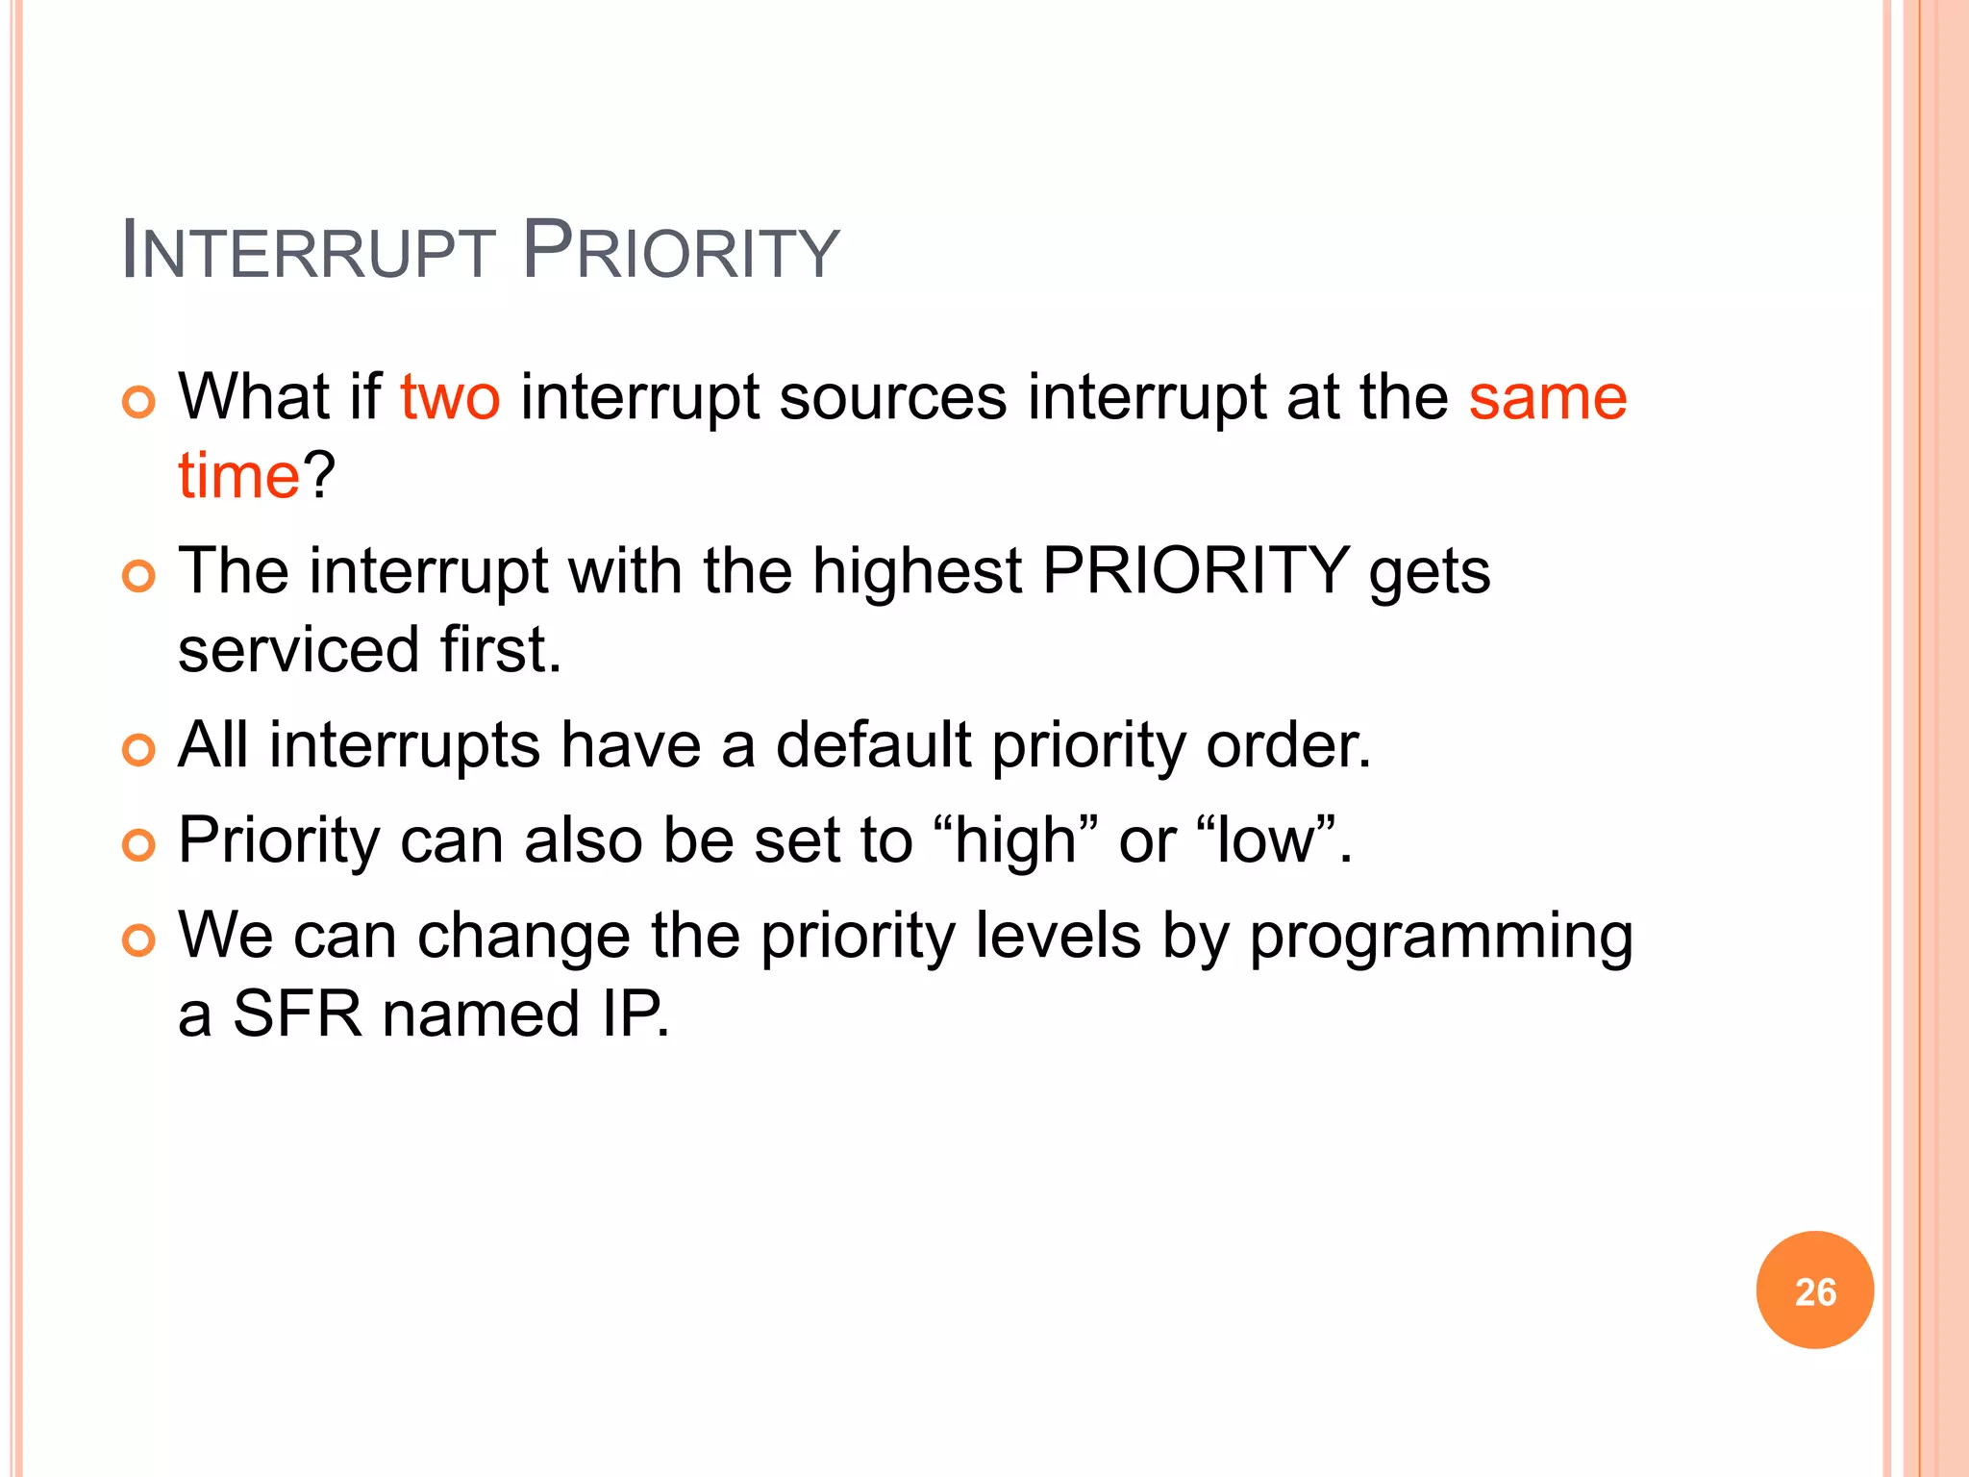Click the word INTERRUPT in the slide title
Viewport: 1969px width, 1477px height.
[x=308, y=252]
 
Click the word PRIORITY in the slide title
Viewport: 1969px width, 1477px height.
[x=681, y=252]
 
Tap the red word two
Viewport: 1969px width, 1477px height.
[x=450, y=397]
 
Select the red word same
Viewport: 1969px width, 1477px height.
[x=1547, y=397]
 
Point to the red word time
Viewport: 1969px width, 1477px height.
[x=239, y=476]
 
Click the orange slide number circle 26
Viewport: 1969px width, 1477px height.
[x=1814, y=1290]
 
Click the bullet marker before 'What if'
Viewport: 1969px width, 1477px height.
[x=139, y=402]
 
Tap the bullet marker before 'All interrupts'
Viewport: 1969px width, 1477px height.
[x=139, y=750]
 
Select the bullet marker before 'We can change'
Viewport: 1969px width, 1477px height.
[x=139, y=940]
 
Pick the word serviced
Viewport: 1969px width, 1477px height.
[x=299, y=650]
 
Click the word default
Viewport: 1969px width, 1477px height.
[x=873, y=745]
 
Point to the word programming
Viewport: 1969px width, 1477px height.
[x=1440, y=937]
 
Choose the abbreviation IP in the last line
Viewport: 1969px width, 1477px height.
[x=631, y=1014]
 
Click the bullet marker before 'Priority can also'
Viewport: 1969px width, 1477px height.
[x=139, y=845]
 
